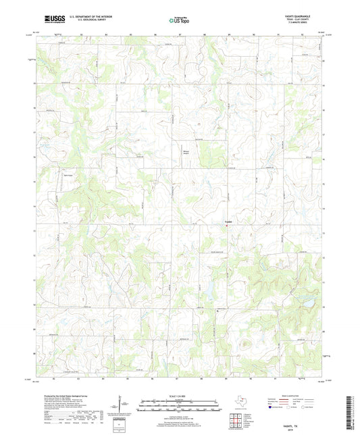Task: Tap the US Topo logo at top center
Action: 179,20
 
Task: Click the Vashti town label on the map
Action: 228,224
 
